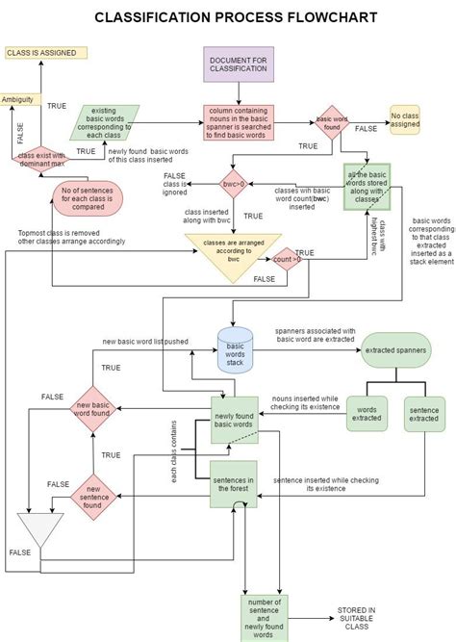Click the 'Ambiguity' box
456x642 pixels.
tap(19, 100)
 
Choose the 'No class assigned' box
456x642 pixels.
tap(405, 120)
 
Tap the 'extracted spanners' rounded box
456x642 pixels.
tap(393, 351)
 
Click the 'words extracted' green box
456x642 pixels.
tap(366, 414)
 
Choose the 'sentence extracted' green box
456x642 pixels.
tap(424, 414)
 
